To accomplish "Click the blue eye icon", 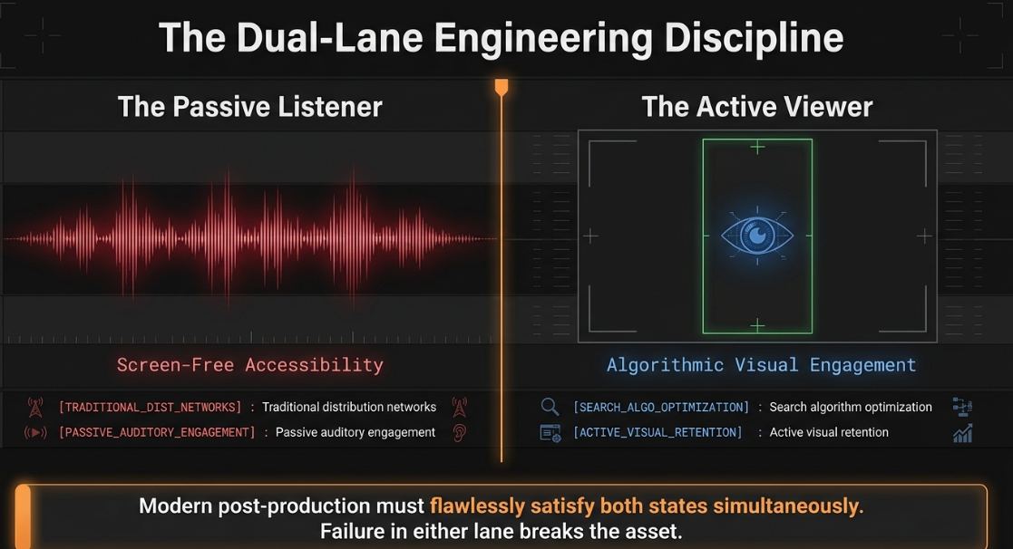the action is (x=757, y=236).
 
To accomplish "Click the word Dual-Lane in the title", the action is (x=329, y=38).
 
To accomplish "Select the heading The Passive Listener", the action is (x=250, y=106).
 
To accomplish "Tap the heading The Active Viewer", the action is (x=757, y=106).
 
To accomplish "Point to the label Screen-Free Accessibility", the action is (x=250, y=365).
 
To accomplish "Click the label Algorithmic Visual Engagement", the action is (x=761, y=365).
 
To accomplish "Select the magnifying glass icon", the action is (x=550, y=407).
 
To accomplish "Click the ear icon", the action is (x=459, y=432).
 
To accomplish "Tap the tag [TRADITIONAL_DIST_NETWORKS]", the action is (x=150, y=407).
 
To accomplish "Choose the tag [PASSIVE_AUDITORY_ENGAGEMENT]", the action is (x=157, y=432).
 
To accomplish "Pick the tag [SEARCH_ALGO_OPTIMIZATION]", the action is (x=661, y=407).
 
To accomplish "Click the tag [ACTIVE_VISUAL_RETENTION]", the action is (x=657, y=432).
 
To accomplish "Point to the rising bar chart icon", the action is (x=962, y=433).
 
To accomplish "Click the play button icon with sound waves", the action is (x=35, y=432).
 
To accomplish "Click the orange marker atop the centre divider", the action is (x=502, y=87).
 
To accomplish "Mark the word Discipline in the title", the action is (x=754, y=38).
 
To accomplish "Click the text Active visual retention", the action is (x=829, y=432).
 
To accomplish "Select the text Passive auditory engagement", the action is (x=356, y=432).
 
